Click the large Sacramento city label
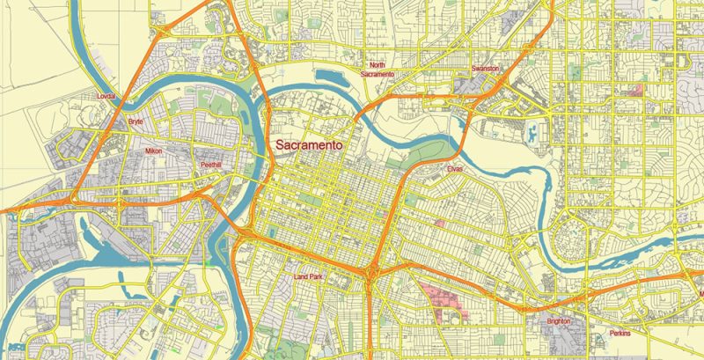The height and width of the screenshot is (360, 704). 309,145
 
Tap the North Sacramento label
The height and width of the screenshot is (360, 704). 378,70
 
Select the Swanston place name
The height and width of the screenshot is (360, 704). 485,68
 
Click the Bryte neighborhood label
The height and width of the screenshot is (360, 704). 136,121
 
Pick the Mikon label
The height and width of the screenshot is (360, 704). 154,151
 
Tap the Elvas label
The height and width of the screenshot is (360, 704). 454,168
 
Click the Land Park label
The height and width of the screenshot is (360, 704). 309,279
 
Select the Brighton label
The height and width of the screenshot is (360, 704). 556,322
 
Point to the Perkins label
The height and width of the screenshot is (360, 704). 620,334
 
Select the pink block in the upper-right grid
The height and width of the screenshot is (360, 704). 635,90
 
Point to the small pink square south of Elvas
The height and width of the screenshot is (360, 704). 439,224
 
